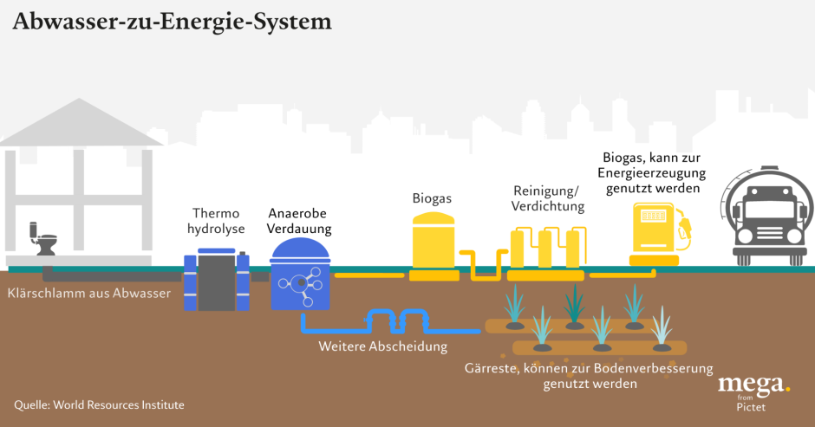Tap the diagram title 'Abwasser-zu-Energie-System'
171,20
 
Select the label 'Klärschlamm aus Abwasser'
88,294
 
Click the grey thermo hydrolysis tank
216,280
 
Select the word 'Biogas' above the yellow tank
432,198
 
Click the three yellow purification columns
544,249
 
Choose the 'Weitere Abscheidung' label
382,347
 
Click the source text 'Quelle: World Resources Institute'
99,404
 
